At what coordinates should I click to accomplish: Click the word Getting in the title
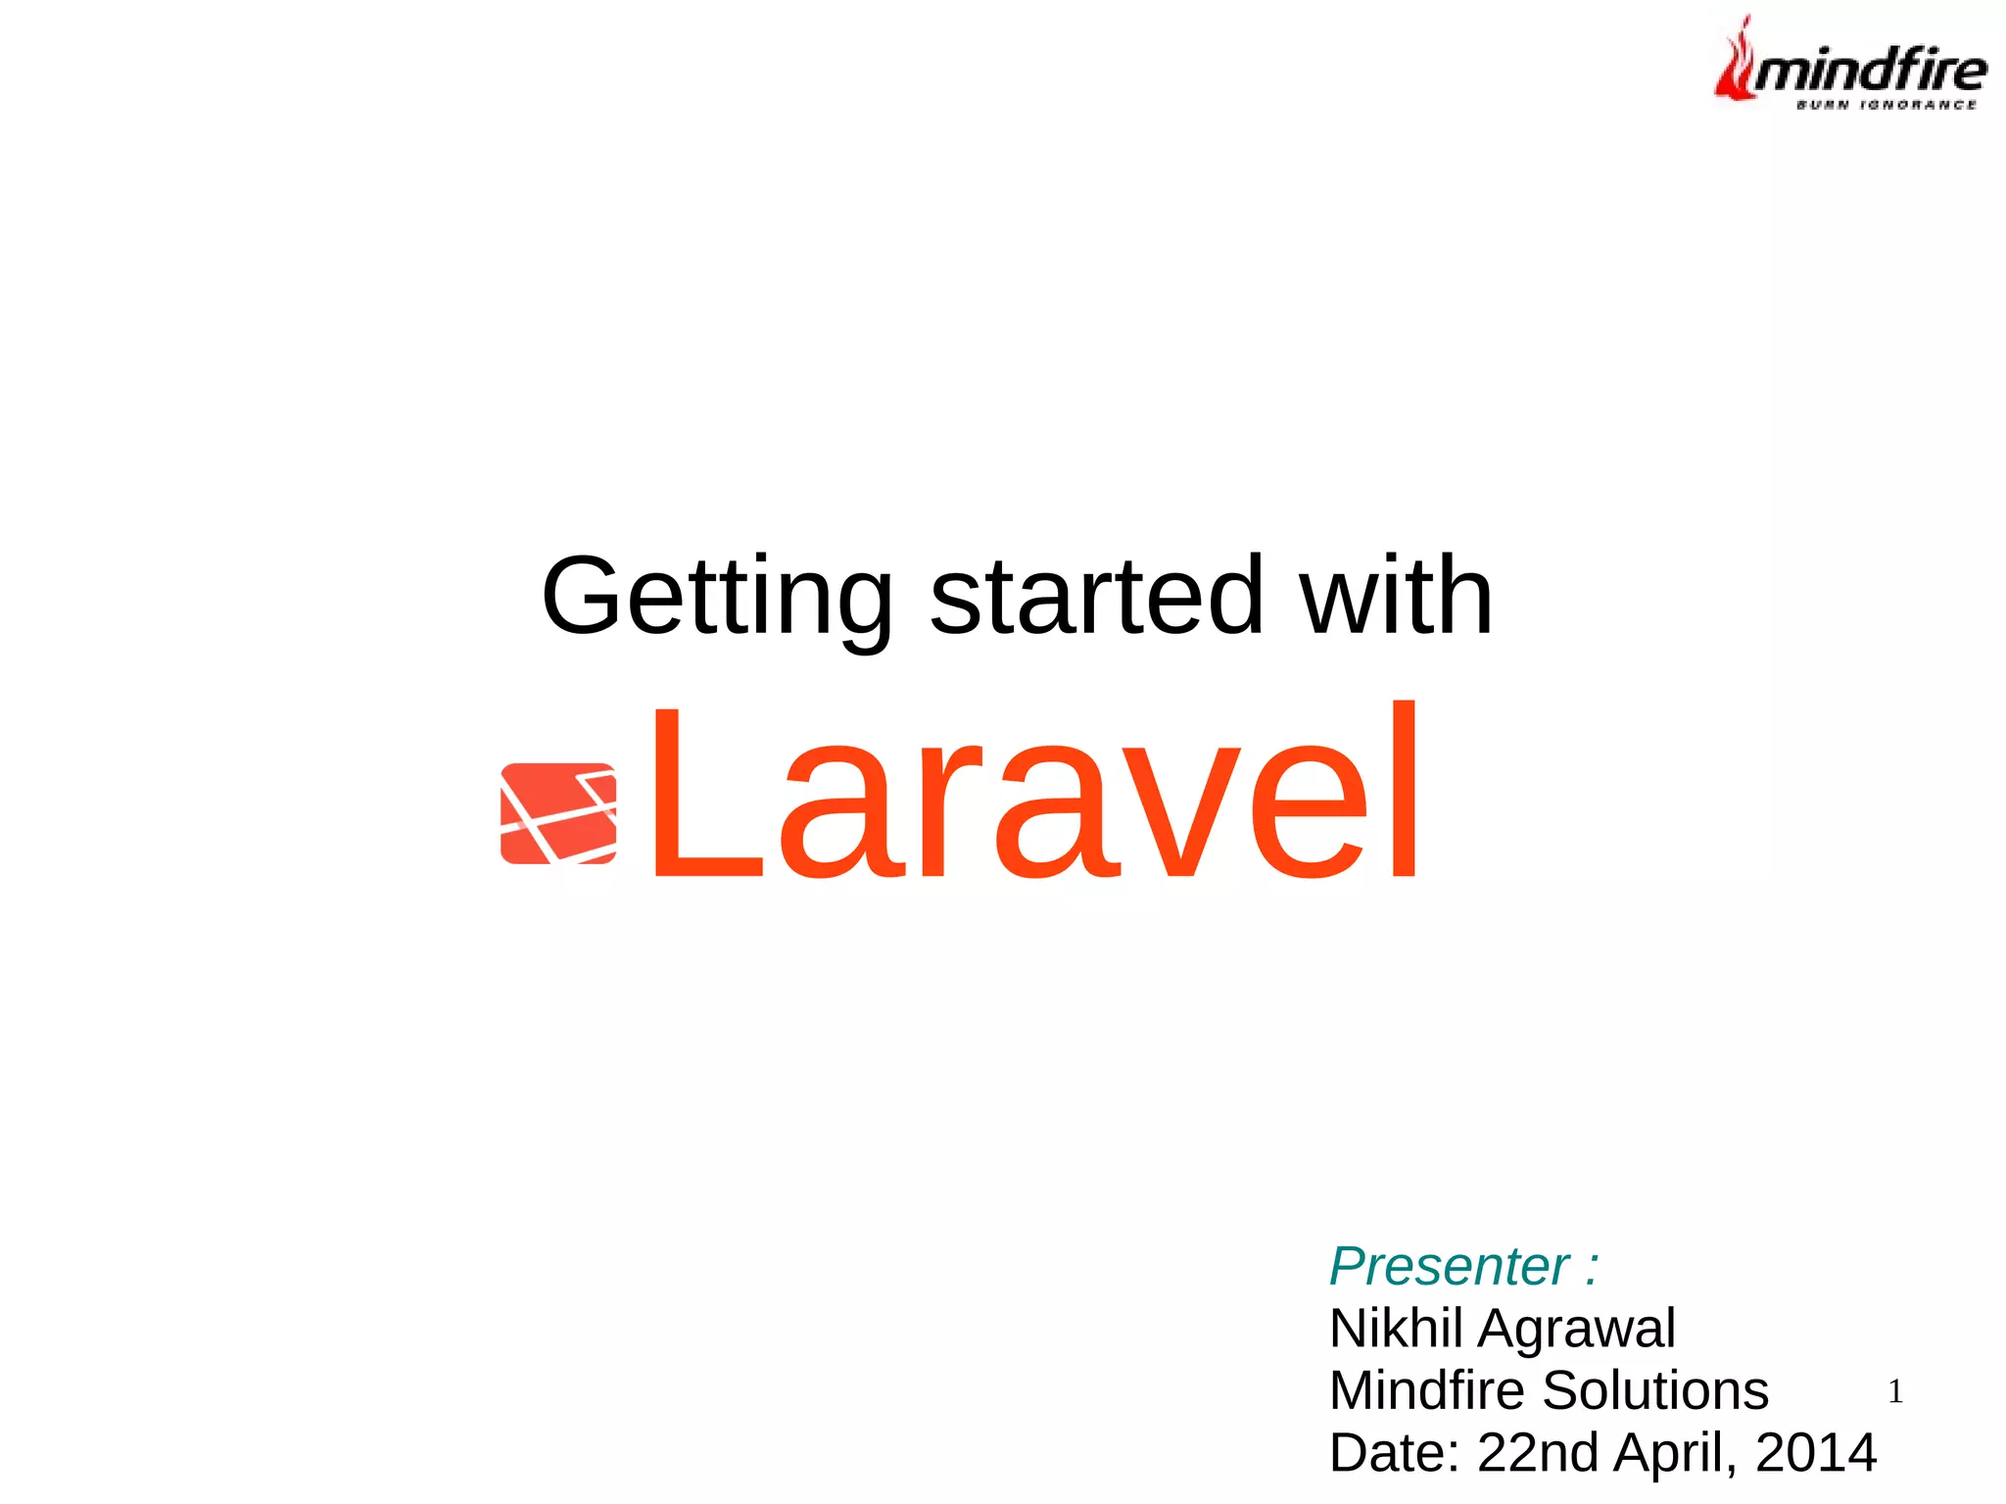tap(716, 598)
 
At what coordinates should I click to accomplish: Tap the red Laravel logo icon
tap(558, 813)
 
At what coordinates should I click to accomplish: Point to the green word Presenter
tap(1449, 1266)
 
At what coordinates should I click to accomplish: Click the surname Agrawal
tap(1576, 1329)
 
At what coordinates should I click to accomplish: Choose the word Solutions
tap(1655, 1390)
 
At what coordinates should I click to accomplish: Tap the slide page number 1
tap(1894, 1391)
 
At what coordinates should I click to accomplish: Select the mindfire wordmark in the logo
tap(1869, 71)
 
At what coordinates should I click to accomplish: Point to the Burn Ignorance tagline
tap(1886, 105)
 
